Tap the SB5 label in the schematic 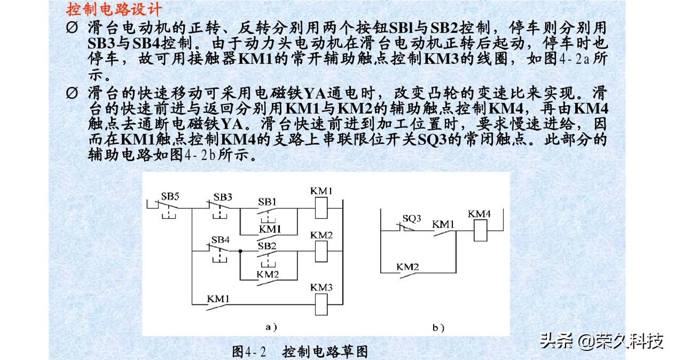click(x=170, y=196)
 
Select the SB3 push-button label click(x=222, y=197)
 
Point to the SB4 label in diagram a click(x=220, y=239)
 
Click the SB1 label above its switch click(x=267, y=202)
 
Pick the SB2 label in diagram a click(x=267, y=246)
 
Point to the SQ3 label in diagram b click(x=412, y=218)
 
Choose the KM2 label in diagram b click(x=407, y=265)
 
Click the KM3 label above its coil click(x=322, y=288)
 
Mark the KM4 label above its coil click(x=479, y=214)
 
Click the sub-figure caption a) click(x=271, y=326)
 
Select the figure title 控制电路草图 click(x=325, y=351)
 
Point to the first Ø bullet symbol click(x=73, y=28)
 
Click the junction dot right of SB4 click(x=241, y=251)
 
